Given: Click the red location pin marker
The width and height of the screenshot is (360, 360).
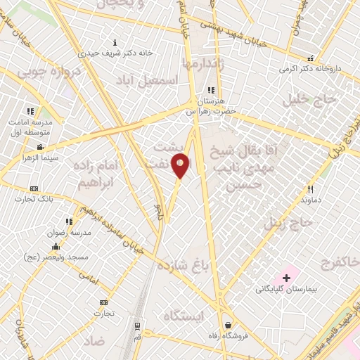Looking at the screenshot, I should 181,165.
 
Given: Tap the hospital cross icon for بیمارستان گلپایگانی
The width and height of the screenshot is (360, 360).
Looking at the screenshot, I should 286,278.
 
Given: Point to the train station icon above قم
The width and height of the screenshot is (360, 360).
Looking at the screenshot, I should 137,327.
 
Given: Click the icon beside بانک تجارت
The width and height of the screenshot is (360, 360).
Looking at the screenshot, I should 34,188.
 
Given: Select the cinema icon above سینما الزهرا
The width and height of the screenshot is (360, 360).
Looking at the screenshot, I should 40,147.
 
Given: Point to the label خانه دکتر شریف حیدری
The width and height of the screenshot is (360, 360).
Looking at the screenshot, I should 115,53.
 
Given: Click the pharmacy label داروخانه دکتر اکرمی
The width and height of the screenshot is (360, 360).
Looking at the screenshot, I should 309,69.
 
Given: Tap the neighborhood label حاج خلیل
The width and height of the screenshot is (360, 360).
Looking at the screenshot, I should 310,100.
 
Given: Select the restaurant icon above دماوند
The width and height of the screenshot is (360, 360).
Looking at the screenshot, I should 310,188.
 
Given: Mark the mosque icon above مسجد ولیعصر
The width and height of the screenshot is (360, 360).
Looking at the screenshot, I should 56,246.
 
